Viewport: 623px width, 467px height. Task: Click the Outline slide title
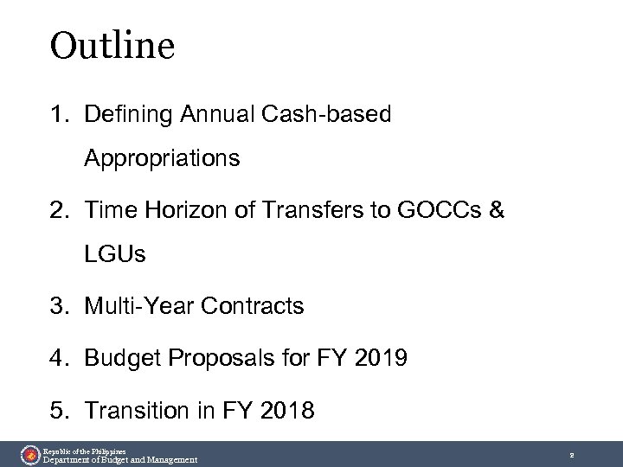coord(113,46)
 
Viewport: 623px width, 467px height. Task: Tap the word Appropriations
coord(162,159)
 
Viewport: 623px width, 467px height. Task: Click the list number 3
coord(55,306)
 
